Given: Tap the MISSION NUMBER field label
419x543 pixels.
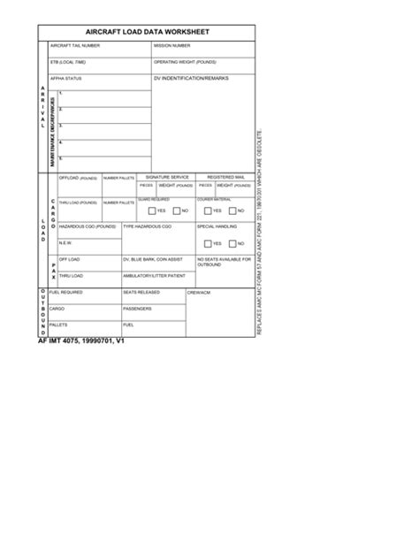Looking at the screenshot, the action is coord(171,45).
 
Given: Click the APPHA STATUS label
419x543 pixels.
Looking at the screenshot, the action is coord(66,79).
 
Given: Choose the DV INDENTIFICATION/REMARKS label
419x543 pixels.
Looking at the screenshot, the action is coord(191,79).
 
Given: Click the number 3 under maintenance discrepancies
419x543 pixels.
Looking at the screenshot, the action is coord(60,126).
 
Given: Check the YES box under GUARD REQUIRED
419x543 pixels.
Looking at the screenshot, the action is coord(151,211).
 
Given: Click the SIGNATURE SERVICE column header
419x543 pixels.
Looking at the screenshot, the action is coord(167,177).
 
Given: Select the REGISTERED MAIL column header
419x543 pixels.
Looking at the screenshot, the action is coord(225,177).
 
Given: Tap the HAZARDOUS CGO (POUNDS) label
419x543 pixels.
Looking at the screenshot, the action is coord(87,227).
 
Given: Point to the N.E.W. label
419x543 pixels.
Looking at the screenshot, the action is coord(65,242).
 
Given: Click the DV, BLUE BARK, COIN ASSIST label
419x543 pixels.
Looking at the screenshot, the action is coord(152,259).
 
